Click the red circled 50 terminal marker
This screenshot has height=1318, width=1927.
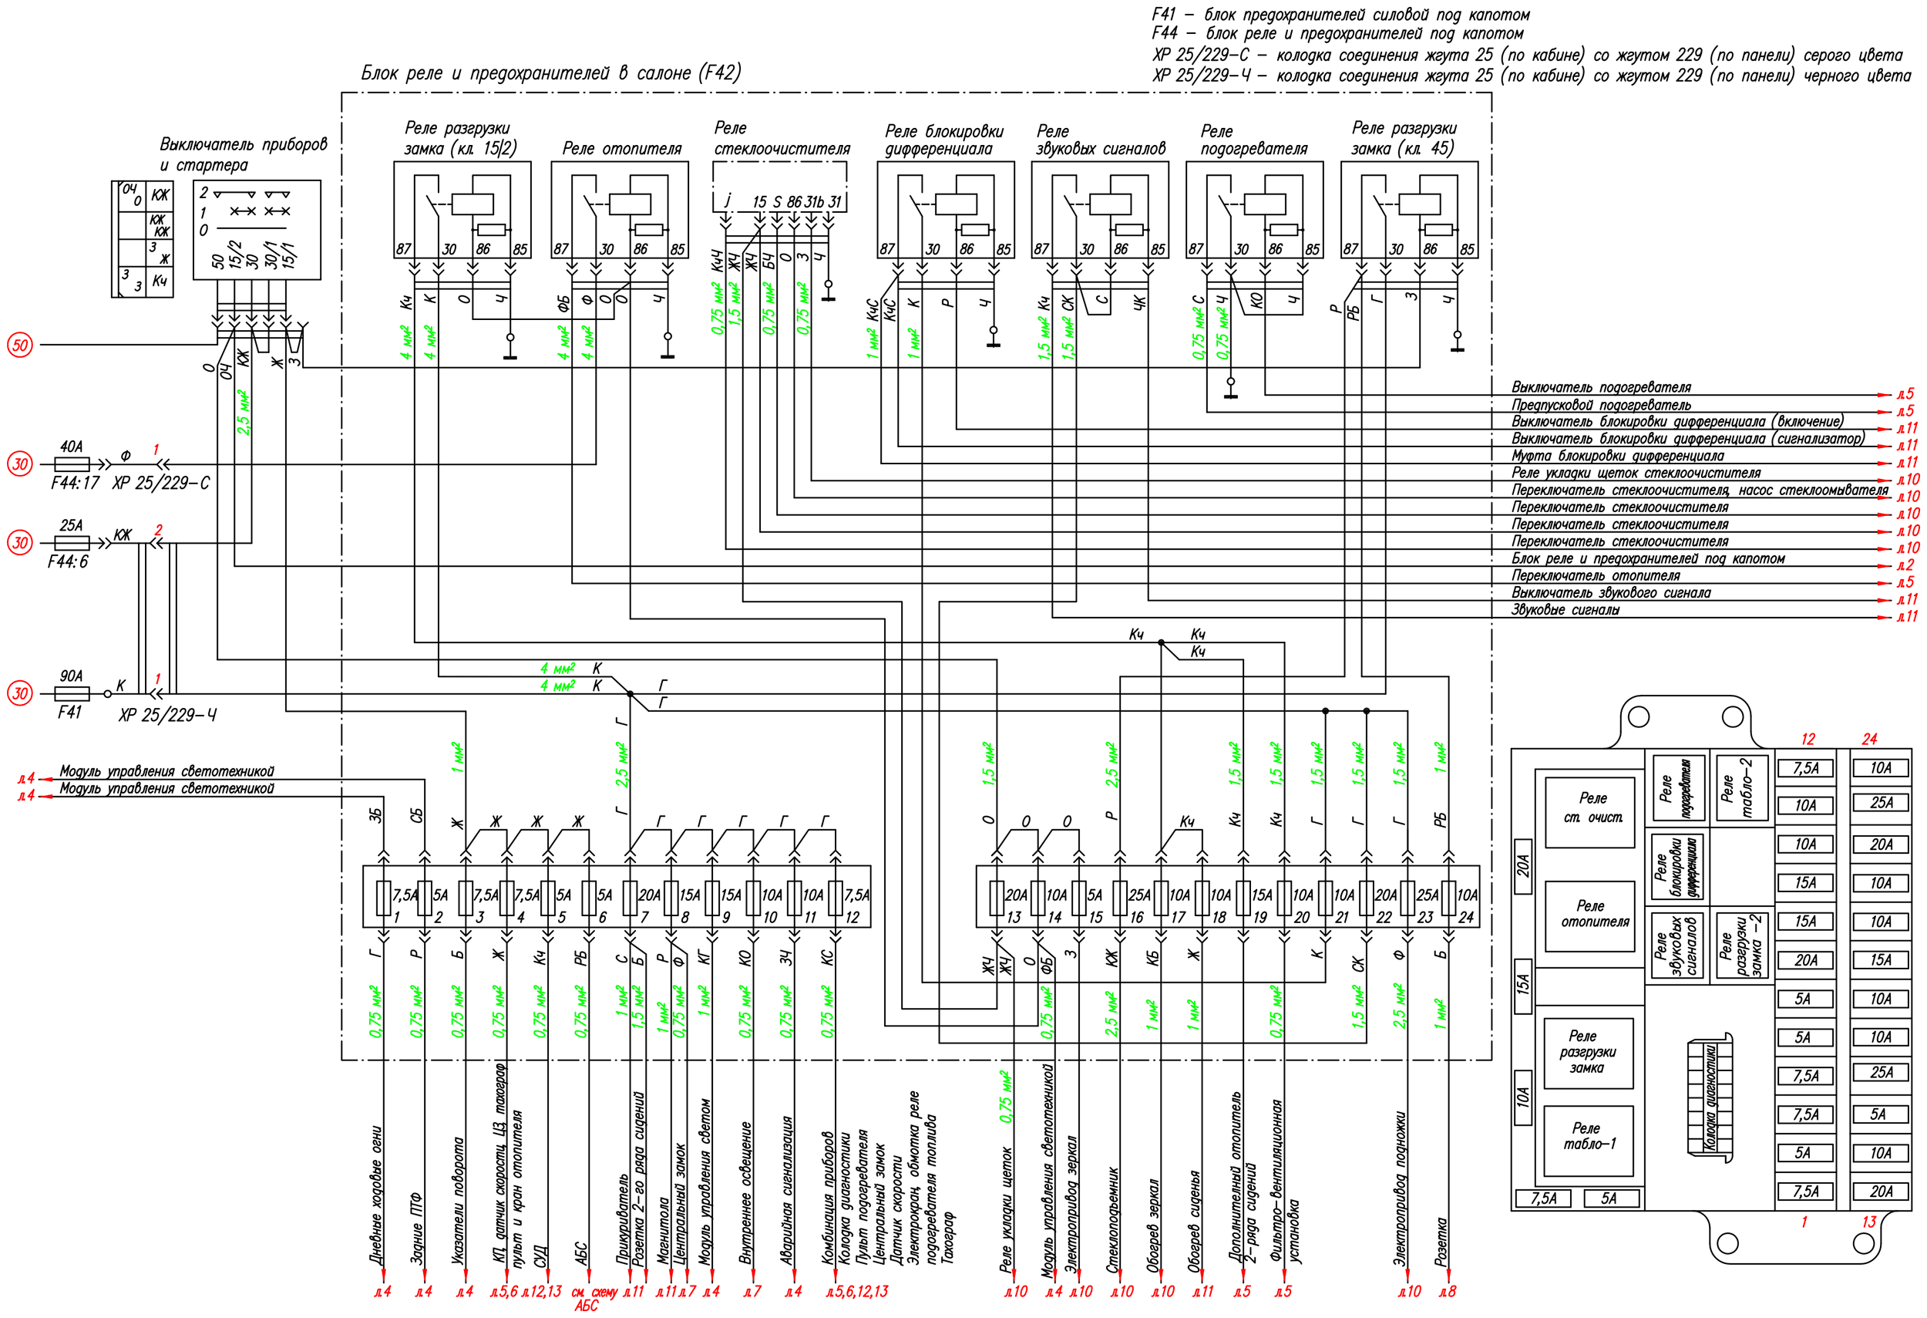click(20, 344)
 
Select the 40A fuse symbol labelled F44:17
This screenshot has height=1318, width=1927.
click(72, 464)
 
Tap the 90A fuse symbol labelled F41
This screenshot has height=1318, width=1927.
click(72, 693)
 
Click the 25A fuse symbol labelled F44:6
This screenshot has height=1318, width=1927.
click(72, 543)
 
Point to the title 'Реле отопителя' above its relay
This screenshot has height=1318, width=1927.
click(622, 149)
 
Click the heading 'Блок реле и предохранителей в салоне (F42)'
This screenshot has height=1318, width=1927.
click(550, 73)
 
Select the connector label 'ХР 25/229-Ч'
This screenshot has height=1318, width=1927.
click(167, 715)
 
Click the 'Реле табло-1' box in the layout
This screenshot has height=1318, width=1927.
click(1588, 1141)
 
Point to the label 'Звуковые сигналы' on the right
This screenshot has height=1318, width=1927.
click(1565, 610)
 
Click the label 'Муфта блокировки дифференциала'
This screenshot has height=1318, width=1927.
click(1617, 455)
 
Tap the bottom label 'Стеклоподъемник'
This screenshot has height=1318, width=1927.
click(1112, 1220)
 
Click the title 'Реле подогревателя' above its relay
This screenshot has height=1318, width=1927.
click(1254, 140)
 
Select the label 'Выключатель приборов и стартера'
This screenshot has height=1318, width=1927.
click(243, 154)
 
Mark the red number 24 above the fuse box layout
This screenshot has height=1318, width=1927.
click(1869, 738)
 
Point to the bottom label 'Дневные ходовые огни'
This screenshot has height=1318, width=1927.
click(376, 1195)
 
